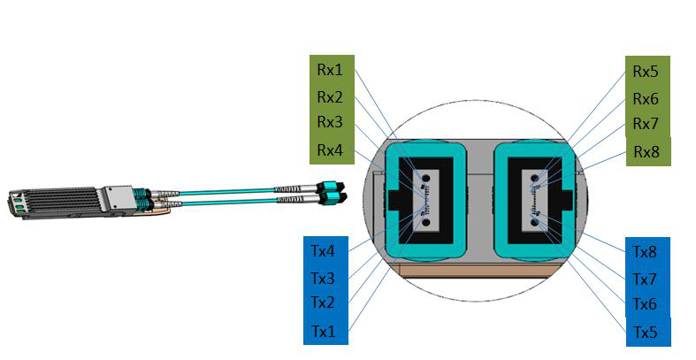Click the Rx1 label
(330, 70)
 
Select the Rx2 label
(330, 96)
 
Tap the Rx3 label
(330, 122)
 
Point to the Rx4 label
(330, 150)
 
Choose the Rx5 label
(646, 72)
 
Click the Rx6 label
(646, 99)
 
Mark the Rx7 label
(646, 124)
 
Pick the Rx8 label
(646, 152)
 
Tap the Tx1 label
(324, 331)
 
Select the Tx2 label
(323, 303)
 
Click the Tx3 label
(323, 279)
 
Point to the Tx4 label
(323, 251)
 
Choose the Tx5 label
(645, 332)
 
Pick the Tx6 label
(645, 304)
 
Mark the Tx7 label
(645, 280)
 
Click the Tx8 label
(645, 252)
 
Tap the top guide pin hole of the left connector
(425, 179)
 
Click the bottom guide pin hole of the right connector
(535, 221)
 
